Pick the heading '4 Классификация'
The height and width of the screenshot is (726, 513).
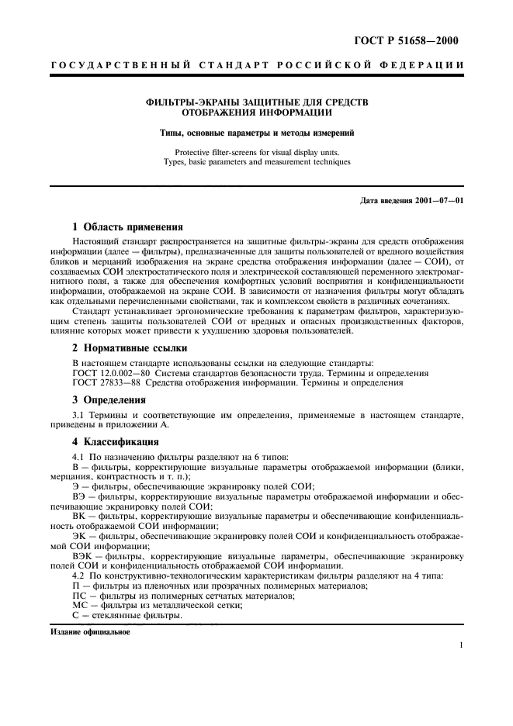[x=116, y=442]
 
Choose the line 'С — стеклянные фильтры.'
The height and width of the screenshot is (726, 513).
[x=127, y=616]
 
